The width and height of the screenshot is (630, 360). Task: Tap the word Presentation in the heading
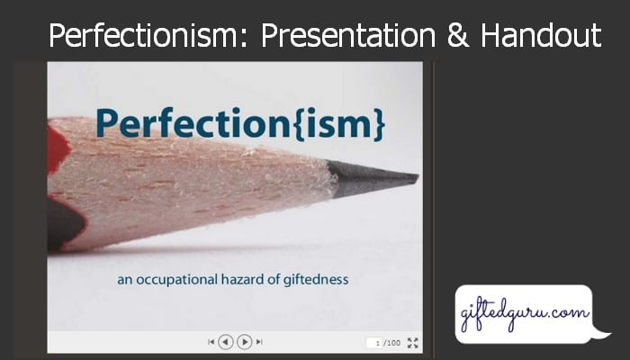coord(348,35)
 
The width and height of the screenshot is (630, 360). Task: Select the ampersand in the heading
coord(457,35)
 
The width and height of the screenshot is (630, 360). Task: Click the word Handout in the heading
coord(541,35)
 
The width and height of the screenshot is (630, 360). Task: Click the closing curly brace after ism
coord(379,124)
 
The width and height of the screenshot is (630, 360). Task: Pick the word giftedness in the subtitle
coord(316,280)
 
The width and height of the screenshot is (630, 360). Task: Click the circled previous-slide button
coord(225,342)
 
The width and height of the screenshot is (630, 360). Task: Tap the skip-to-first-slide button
coord(211,342)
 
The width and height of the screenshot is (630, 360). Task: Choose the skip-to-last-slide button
coord(259,342)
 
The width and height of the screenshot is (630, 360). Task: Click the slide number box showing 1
coord(374,343)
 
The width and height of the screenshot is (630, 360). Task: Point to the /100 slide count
coord(392,343)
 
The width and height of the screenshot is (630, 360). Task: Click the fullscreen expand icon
coord(412,343)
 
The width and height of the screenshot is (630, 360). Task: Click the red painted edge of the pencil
coord(58,148)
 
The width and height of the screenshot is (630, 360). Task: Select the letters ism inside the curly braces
coord(337,124)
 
